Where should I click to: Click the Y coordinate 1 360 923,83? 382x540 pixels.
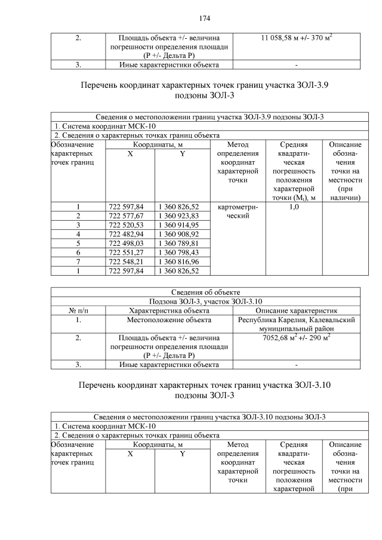click(x=178, y=215)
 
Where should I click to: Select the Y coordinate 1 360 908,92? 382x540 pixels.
click(x=178, y=234)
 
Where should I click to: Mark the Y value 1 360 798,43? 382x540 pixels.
click(x=178, y=252)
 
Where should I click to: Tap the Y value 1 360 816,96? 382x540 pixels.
click(x=178, y=261)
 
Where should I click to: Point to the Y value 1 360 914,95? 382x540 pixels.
click(x=178, y=225)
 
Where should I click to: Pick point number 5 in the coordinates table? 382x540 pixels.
click(x=78, y=243)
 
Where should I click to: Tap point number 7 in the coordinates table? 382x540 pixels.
click(x=78, y=261)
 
